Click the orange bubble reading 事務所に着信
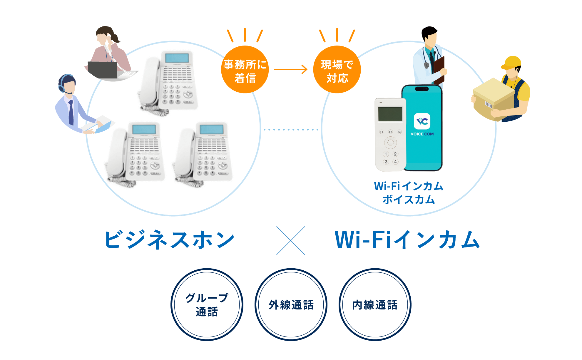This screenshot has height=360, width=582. tap(245, 70)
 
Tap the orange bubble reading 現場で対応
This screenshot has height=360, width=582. tap(337, 70)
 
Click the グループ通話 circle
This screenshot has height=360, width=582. tap(207, 305)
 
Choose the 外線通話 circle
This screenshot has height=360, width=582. tap(291, 305)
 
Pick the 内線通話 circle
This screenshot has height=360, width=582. tap(375, 305)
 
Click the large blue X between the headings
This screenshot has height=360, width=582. tap(291, 240)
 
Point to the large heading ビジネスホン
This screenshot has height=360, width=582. tap(170, 240)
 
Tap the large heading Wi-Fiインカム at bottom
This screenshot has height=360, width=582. tap(407, 240)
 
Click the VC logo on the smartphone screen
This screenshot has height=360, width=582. tap(422, 121)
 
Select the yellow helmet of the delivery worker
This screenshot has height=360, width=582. tap(511, 62)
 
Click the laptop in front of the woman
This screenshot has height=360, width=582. tap(103, 70)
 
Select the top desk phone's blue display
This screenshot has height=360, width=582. tap(177, 58)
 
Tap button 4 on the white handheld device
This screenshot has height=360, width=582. tap(395, 162)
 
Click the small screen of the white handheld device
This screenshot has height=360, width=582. tap(390, 114)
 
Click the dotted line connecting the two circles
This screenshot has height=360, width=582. tap(291, 129)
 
